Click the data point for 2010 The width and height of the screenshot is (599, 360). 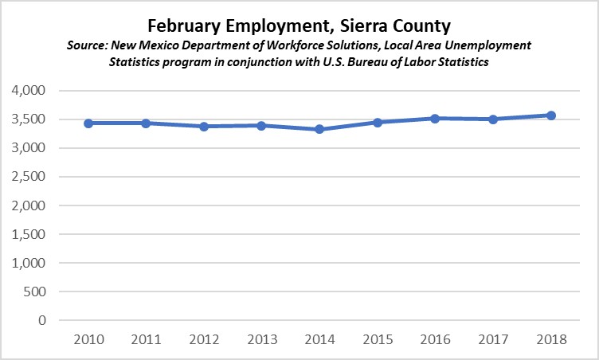[88, 123]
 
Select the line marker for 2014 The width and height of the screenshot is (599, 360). [319, 129]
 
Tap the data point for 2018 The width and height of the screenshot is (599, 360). [551, 115]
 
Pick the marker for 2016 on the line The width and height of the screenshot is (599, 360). [435, 119]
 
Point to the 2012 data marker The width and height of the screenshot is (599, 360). [203, 127]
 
